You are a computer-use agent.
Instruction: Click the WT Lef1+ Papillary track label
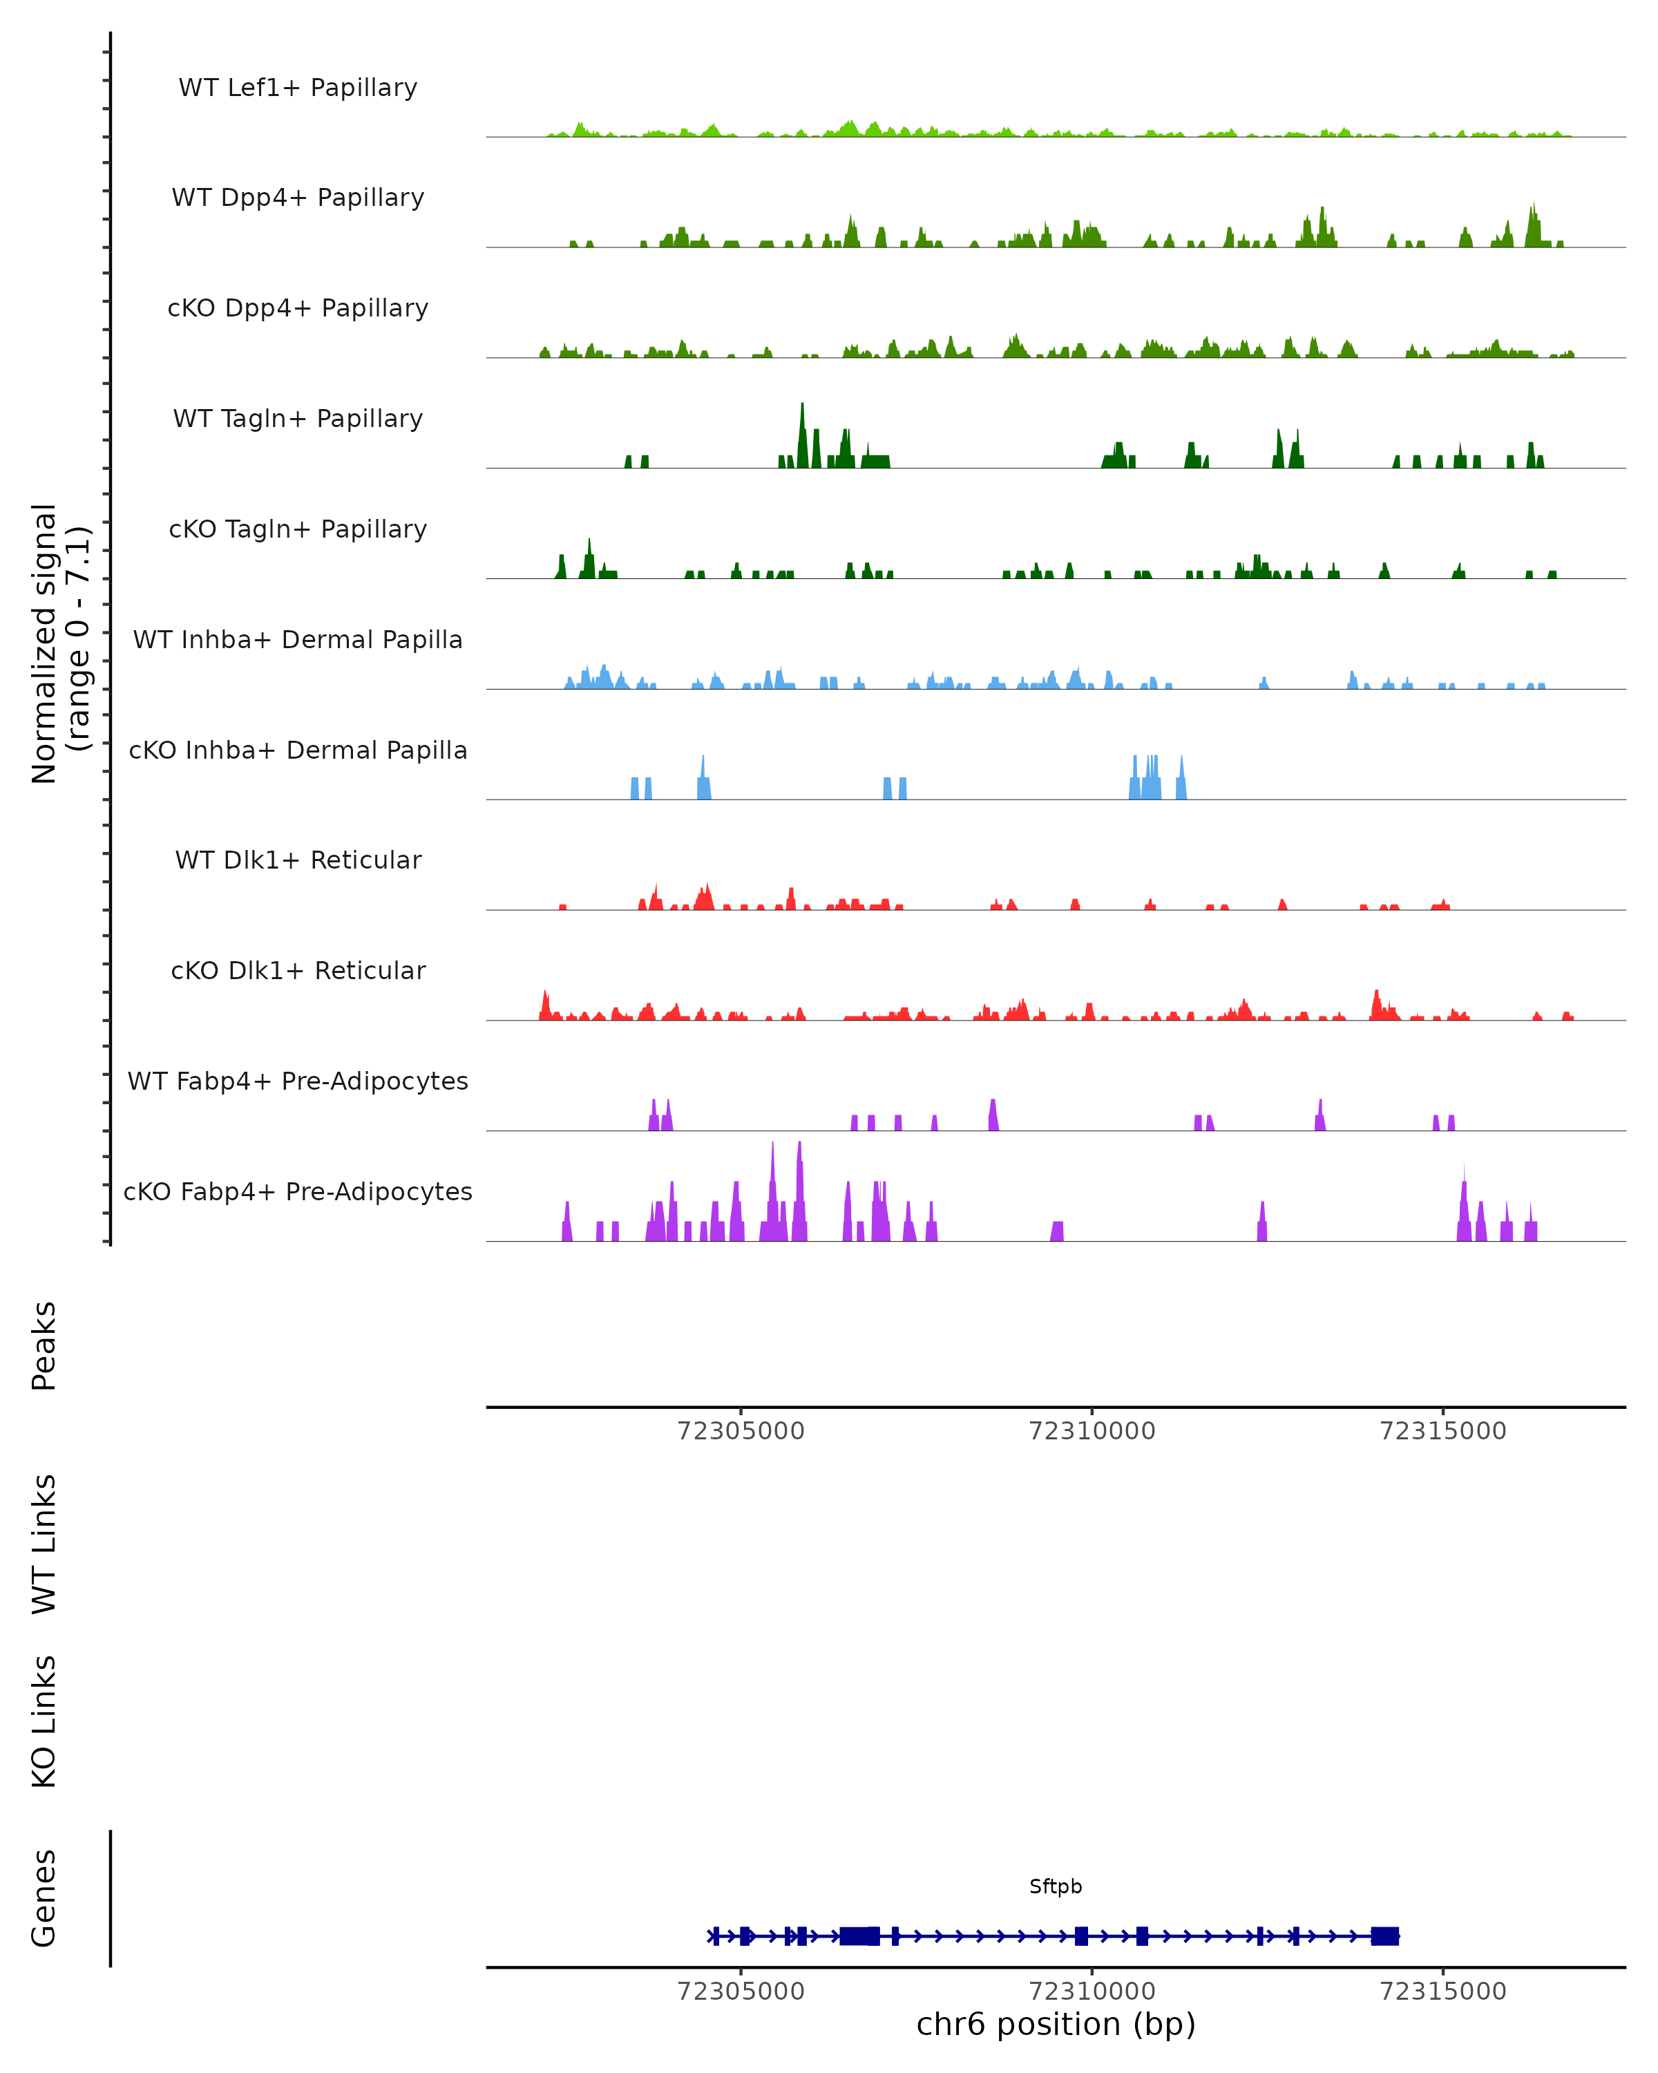coord(298,88)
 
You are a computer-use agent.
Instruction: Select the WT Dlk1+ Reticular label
coord(298,860)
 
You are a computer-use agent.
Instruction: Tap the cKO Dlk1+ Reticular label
coord(298,970)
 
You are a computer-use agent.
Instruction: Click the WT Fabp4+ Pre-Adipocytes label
coord(298,1081)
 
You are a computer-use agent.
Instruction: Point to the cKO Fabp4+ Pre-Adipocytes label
coord(298,1191)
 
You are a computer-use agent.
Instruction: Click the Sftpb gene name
coord(1056,1886)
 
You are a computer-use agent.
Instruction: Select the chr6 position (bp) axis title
coord(1056,2024)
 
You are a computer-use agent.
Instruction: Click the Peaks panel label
coord(44,1345)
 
